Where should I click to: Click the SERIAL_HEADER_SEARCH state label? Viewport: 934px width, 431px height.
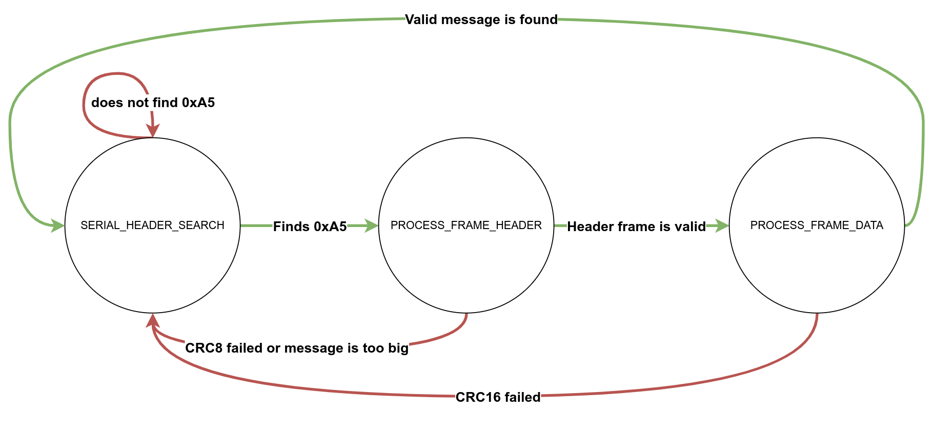click(152, 225)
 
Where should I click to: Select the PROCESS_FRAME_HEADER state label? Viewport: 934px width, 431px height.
click(466, 225)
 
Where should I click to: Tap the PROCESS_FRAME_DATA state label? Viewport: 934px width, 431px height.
click(817, 225)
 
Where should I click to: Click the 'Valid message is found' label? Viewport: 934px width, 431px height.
click(481, 20)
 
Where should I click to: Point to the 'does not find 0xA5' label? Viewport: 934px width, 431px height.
click(153, 103)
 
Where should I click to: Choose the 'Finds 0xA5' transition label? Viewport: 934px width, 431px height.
click(310, 227)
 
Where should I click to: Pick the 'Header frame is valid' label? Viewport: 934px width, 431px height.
click(636, 227)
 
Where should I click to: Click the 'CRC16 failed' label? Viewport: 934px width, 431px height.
click(498, 397)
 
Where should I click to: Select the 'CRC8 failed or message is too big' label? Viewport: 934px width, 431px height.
click(297, 348)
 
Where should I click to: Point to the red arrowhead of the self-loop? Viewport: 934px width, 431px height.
click(152, 131)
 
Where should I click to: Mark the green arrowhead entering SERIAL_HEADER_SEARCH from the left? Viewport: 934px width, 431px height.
click(57, 225)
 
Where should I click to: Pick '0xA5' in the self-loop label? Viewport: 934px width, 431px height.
click(198, 103)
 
